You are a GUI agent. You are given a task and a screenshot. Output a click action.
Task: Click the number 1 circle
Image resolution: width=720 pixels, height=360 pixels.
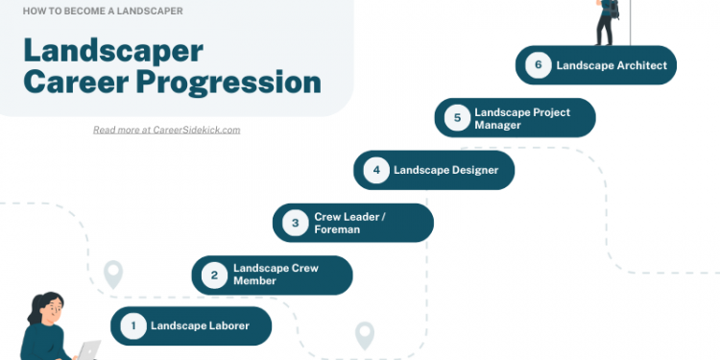(x=133, y=326)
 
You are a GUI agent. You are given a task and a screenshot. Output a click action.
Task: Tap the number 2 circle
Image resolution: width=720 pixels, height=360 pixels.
(x=214, y=276)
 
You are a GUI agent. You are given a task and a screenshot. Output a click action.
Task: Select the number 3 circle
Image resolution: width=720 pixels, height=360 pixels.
(x=296, y=223)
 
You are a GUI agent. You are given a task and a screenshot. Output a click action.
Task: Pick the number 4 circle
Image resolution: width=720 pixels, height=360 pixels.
(x=376, y=170)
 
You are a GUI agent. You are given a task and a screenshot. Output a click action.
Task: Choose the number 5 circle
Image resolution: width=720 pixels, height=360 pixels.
(x=458, y=118)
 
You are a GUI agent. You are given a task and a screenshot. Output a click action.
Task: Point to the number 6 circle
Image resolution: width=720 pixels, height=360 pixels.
(x=539, y=65)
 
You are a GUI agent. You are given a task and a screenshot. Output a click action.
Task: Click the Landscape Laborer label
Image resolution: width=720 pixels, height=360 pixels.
(x=200, y=326)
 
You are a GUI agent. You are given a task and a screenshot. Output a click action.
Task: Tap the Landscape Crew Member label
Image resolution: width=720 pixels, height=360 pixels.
(x=276, y=276)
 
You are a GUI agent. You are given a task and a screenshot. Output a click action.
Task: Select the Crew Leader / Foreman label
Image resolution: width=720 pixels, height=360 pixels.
(x=350, y=223)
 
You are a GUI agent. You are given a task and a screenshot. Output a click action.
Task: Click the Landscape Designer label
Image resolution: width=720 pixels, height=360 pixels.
(x=440, y=170)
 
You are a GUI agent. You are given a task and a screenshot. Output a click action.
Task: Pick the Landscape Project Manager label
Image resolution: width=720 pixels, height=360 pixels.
(x=522, y=118)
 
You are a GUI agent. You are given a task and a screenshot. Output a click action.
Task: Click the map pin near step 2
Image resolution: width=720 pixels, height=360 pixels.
(x=113, y=275)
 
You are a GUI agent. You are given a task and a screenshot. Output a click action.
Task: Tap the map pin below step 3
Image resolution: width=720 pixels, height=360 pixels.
(x=364, y=335)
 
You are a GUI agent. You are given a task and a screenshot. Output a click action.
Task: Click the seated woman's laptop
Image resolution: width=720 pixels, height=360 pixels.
(x=88, y=350)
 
